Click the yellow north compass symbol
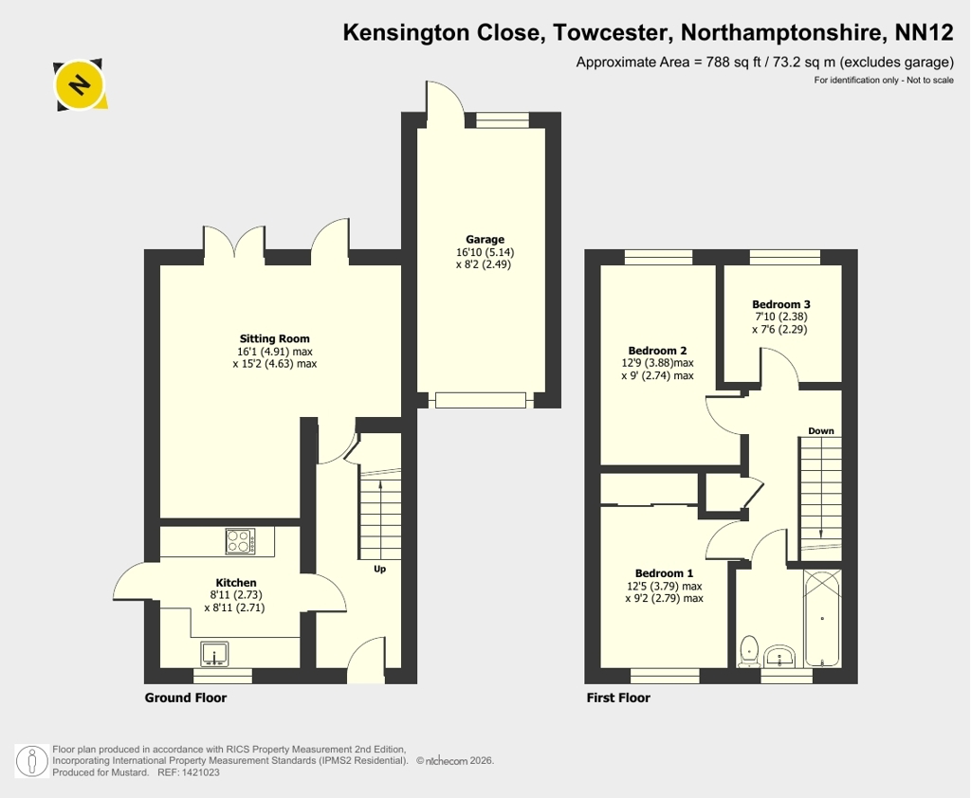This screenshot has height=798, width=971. click(80, 84)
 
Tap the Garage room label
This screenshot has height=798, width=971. click(485, 239)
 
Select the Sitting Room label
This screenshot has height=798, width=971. click(274, 338)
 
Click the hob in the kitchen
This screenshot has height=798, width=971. click(240, 542)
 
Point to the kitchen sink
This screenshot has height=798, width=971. click(215, 654)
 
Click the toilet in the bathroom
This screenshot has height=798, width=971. click(749, 651)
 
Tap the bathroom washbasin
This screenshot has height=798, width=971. click(779, 656)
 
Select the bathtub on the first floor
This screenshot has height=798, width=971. click(822, 618)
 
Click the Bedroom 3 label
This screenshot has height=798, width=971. click(781, 304)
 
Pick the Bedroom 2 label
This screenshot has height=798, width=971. click(657, 351)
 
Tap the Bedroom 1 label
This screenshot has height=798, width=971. click(664, 573)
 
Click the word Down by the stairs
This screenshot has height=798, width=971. click(820, 431)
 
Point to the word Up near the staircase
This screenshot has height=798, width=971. click(379, 569)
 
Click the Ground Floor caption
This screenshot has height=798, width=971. click(186, 698)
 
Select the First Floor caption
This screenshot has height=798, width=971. click(618, 698)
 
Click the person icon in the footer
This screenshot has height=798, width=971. click(31, 761)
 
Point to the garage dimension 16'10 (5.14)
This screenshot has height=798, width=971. click(485, 252)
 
